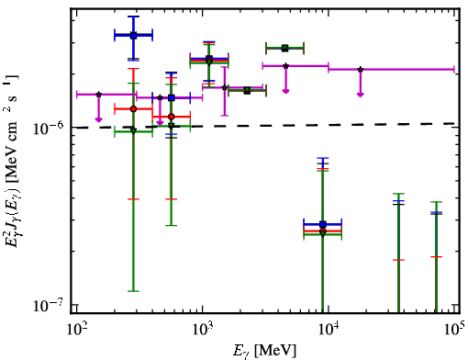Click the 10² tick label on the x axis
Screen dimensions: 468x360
(76, 329)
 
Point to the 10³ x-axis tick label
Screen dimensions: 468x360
(203, 329)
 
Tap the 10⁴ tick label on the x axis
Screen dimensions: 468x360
(329, 329)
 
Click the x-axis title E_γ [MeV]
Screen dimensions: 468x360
(265, 351)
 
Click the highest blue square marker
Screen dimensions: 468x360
(133, 36)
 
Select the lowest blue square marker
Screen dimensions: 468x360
(322, 224)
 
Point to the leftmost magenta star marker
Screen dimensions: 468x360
(98, 95)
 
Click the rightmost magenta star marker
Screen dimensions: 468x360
(361, 69)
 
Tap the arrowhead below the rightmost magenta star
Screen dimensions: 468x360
(361, 95)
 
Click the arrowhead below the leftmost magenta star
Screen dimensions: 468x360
(98, 119)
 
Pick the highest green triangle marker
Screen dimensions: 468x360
(284, 48)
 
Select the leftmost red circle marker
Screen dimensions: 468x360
(133, 109)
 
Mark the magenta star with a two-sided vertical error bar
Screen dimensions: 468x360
(225, 87)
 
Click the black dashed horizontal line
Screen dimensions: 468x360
(265, 125)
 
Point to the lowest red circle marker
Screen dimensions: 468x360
(323, 231)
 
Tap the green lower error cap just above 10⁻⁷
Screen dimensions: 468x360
(133, 291)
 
